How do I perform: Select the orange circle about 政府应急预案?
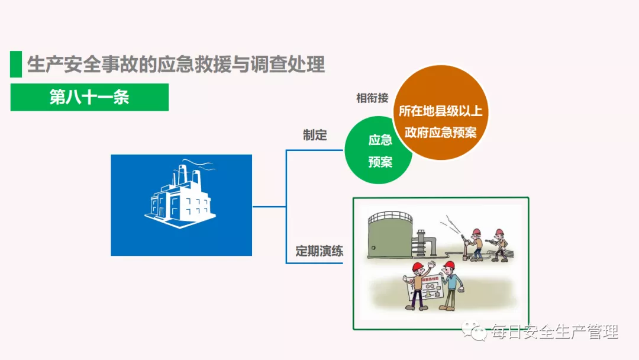441,121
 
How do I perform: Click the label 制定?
315,136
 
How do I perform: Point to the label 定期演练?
319,250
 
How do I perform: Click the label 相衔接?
372,98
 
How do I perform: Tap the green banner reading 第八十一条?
89,97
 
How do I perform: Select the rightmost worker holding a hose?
500,243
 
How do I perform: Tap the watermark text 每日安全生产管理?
554,332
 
